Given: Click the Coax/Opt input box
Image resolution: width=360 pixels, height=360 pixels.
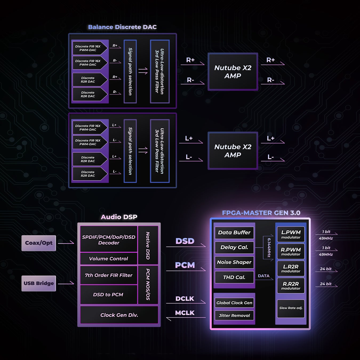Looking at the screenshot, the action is (x=39, y=243).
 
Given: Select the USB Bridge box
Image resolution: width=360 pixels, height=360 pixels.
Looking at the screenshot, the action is (x=39, y=283).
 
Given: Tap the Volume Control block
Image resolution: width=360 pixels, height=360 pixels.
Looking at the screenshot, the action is (x=109, y=259).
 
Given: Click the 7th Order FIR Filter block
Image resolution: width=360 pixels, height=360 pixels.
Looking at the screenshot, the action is (x=109, y=275).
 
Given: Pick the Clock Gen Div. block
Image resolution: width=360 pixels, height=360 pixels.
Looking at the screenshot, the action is (x=119, y=315).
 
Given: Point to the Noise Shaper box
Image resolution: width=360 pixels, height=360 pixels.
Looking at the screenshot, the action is (x=234, y=262).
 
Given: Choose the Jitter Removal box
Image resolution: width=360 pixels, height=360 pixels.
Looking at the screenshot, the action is (x=234, y=315).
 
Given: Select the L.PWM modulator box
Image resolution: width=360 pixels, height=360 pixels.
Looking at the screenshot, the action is (x=291, y=234).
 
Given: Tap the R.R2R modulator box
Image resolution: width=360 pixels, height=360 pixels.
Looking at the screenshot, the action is (x=291, y=286).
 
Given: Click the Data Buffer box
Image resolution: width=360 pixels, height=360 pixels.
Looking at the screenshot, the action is (x=234, y=233).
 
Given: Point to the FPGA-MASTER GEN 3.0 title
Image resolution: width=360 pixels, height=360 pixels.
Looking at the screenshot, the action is (x=261, y=213).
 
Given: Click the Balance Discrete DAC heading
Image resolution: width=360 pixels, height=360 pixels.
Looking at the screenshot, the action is (x=122, y=27).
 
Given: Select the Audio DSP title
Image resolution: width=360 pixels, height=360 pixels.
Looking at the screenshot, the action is (x=119, y=217).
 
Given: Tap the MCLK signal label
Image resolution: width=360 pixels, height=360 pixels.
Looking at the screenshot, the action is (x=185, y=313).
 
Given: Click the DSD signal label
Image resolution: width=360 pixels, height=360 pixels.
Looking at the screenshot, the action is (x=185, y=241).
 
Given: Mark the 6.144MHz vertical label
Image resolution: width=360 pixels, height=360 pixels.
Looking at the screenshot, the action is (x=269, y=247).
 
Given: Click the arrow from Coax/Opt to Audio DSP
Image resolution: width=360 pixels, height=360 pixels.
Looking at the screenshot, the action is (x=66, y=243).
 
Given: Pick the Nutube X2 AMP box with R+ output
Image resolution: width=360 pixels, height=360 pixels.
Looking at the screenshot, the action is (x=233, y=72).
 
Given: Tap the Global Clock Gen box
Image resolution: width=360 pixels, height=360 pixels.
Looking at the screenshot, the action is (x=234, y=303).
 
